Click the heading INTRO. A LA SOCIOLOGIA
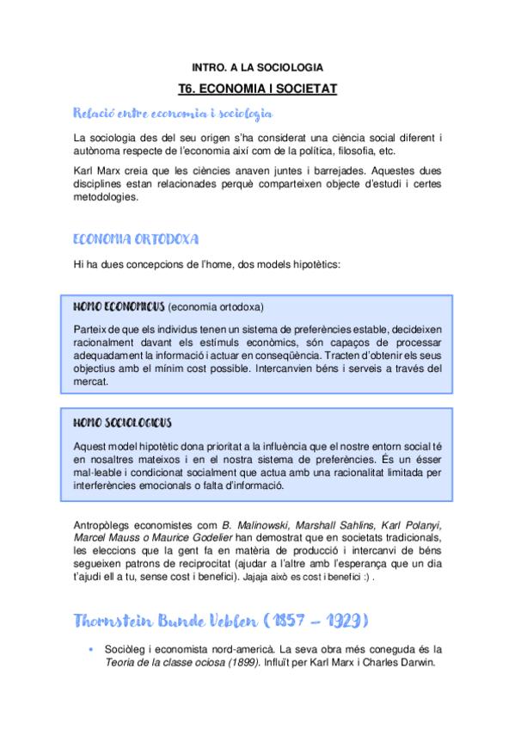(x=257, y=66)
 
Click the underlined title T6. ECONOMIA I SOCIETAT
(x=257, y=88)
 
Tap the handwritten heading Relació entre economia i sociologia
(x=174, y=113)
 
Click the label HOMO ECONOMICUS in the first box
(x=118, y=306)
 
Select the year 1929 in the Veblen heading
(x=343, y=621)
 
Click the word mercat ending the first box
(x=90, y=380)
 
